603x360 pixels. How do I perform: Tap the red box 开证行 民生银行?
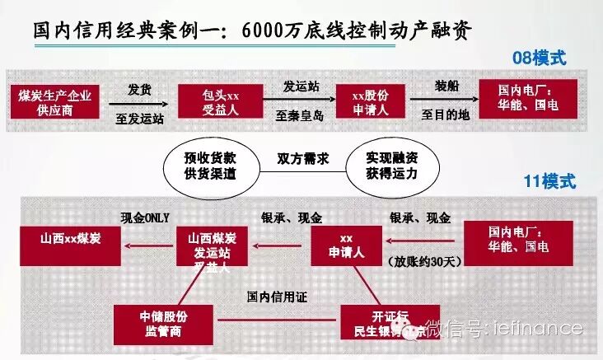pyautogui.click(x=383, y=322)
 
